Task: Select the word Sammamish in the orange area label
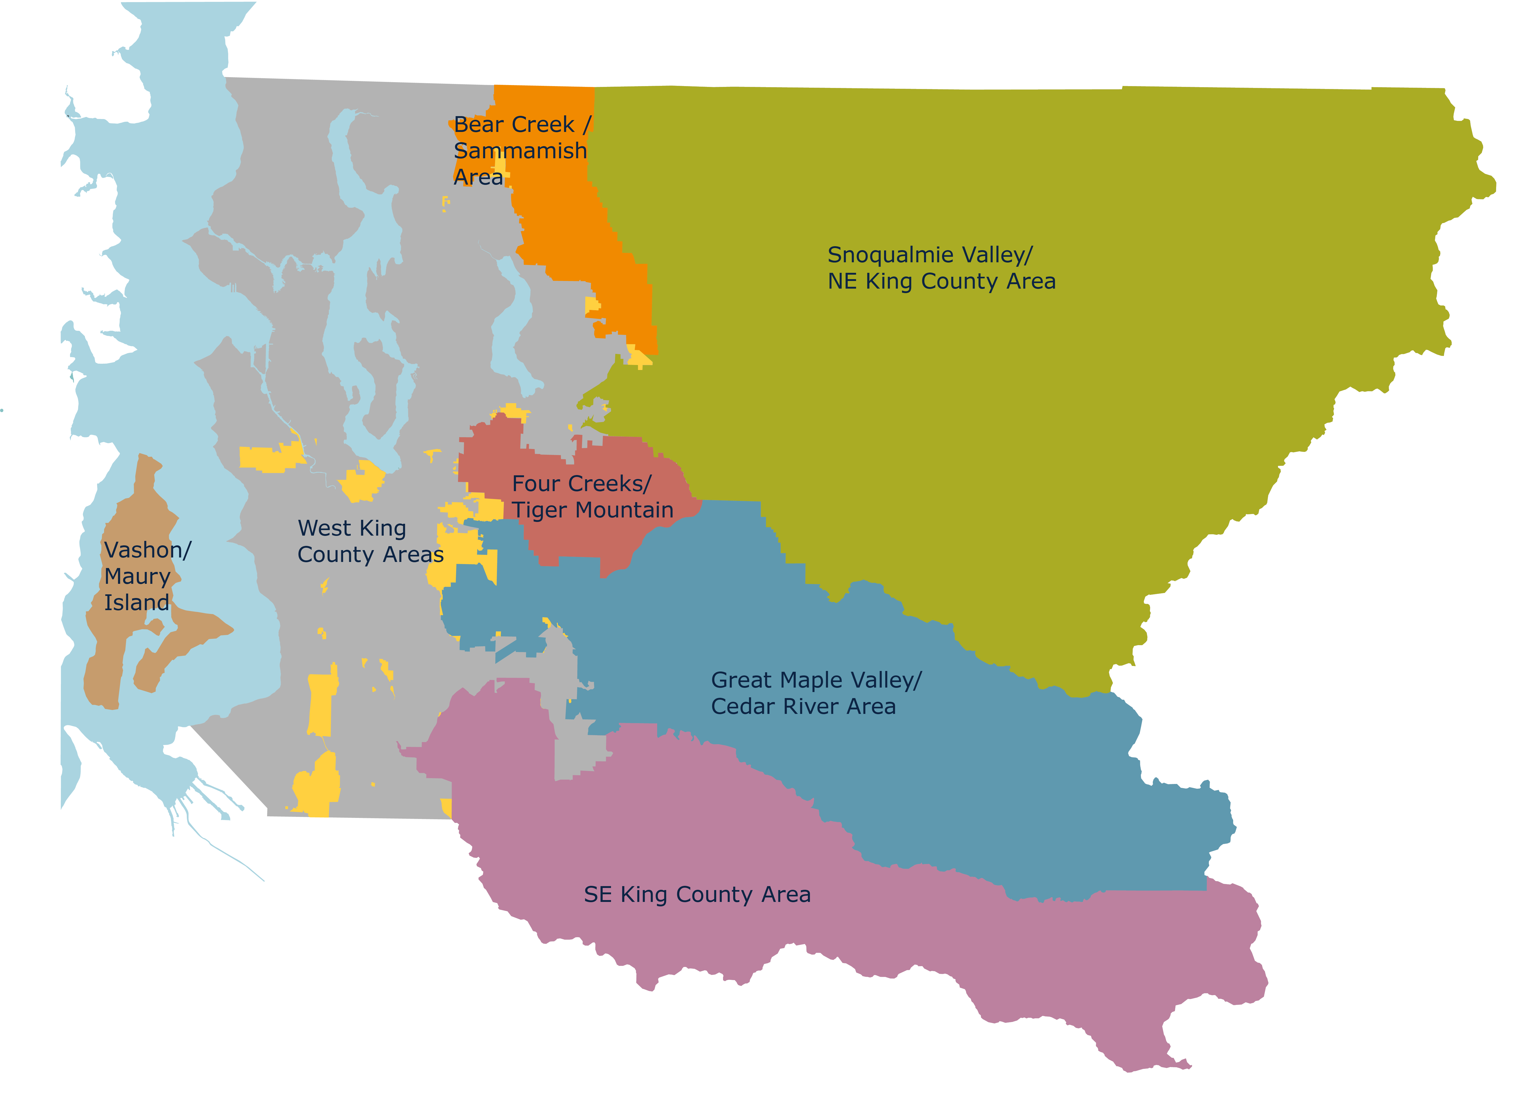(520, 151)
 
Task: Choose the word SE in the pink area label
(597, 895)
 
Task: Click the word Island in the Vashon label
(136, 603)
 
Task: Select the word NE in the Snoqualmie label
(842, 282)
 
